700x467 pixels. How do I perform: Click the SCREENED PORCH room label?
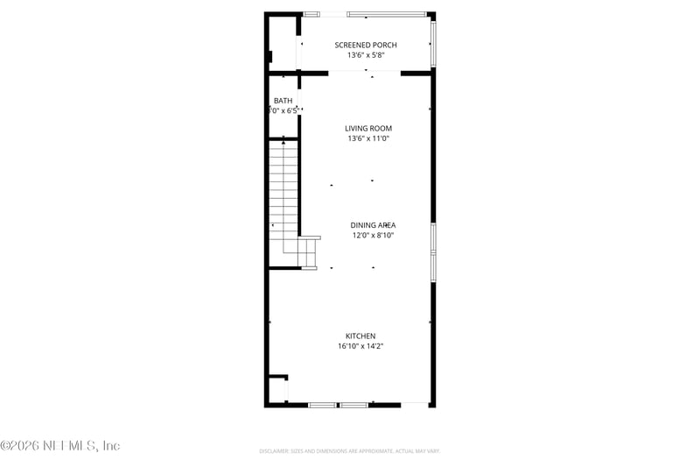click(366, 45)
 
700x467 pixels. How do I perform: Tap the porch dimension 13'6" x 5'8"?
click(366, 55)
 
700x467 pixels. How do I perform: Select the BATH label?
click(283, 101)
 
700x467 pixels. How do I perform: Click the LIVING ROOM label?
click(367, 128)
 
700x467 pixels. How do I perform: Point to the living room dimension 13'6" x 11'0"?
click(367, 138)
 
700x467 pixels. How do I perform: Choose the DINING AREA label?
click(373, 225)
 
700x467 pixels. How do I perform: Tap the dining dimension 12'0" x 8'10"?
click(373, 235)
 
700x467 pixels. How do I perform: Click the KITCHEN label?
click(360, 336)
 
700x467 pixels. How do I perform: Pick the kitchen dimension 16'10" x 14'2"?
click(360, 346)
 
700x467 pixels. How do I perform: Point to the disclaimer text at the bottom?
click(349, 450)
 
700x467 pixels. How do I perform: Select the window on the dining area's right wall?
click(432, 251)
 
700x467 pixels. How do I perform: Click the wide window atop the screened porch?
click(386, 14)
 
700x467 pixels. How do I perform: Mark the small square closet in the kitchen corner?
click(277, 389)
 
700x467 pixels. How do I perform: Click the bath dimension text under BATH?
click(283, 111)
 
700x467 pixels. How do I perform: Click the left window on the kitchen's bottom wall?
click(322, 405)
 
